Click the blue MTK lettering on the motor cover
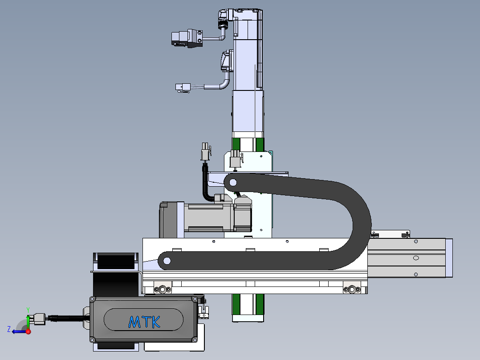coord(144,322)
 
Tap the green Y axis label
coord(28,310)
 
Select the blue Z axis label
coord(9,329)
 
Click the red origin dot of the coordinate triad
coord(28,331)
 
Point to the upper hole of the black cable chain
coord(233,183)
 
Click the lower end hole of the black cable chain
coord(167,261)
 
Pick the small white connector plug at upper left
coord(183,88)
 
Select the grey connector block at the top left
coord(187,39)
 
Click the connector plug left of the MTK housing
coord(40,319)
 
